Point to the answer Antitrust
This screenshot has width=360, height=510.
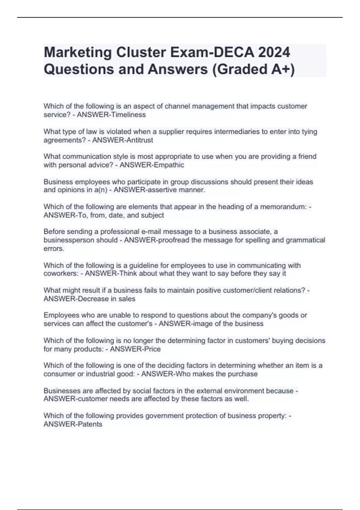point(139,140)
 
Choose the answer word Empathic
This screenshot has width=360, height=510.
point(169,165)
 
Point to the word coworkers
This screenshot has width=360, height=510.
point(61,274)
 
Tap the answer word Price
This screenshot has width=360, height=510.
point(152,349)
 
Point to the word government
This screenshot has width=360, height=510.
point(165,416)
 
